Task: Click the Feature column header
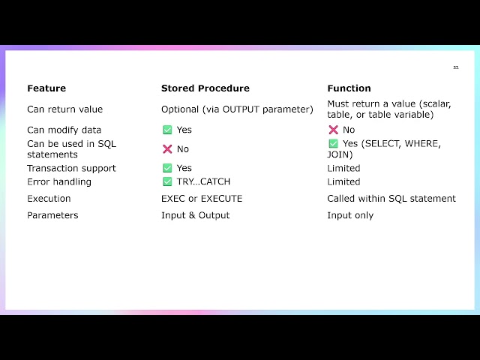pos(46,88)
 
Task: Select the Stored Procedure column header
pos(205,88)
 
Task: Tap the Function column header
pos(349,88)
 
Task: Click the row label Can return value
pos(65,109)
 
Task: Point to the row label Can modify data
pos(64,130)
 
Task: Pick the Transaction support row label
pos(72,168)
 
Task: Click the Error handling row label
pos(59,181)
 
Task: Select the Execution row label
pos(49,199)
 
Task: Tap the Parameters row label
pos(52,215)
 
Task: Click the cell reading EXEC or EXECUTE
pos(202,199)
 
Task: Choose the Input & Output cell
pos(196,215)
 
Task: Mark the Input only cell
pos(350,215)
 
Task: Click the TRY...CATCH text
pos(203,181)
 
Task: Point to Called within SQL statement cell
pos(391,199)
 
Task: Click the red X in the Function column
pos(333,130)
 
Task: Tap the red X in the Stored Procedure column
pos(167,149)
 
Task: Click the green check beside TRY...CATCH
pos(167,181)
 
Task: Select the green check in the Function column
pos(333,143)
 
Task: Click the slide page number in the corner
pos(455,68)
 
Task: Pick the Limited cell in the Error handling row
pos(343,181)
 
